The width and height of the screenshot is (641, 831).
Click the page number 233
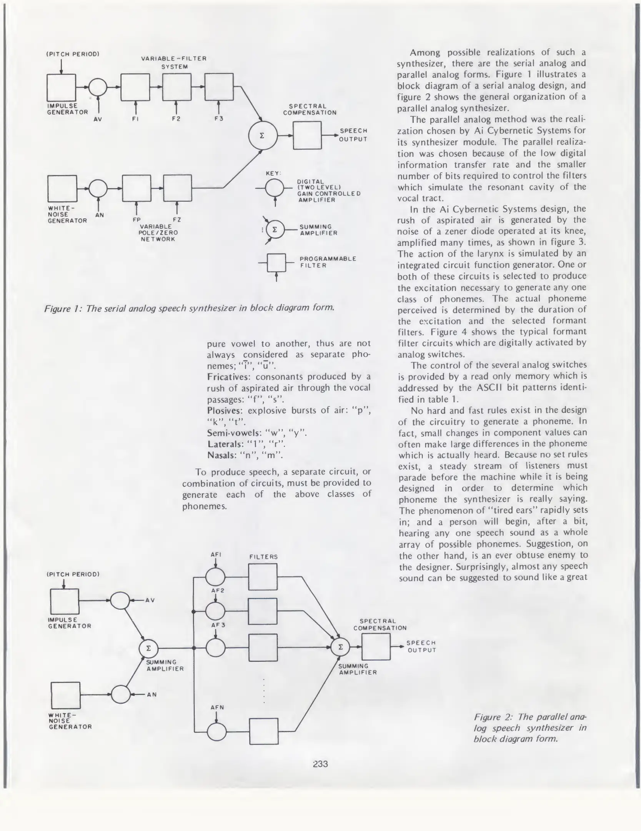point(320,764)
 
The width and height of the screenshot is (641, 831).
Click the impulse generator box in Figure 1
point(61,88)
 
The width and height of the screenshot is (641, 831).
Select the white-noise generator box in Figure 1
point(62,189)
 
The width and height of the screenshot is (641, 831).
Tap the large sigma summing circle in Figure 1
point(263,135)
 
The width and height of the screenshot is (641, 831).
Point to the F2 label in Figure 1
point(176,119)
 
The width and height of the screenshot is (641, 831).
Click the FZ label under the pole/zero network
point(177,220)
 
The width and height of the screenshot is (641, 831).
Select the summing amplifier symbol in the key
point(275,230)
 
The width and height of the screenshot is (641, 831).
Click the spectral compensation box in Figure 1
point(307,135)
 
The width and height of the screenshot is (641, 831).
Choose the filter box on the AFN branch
point(264,731)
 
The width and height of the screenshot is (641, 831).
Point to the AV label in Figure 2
point(150,600)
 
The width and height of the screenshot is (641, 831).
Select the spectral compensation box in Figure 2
point(376,647)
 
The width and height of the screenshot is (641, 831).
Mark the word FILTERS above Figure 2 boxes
point(263,557)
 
